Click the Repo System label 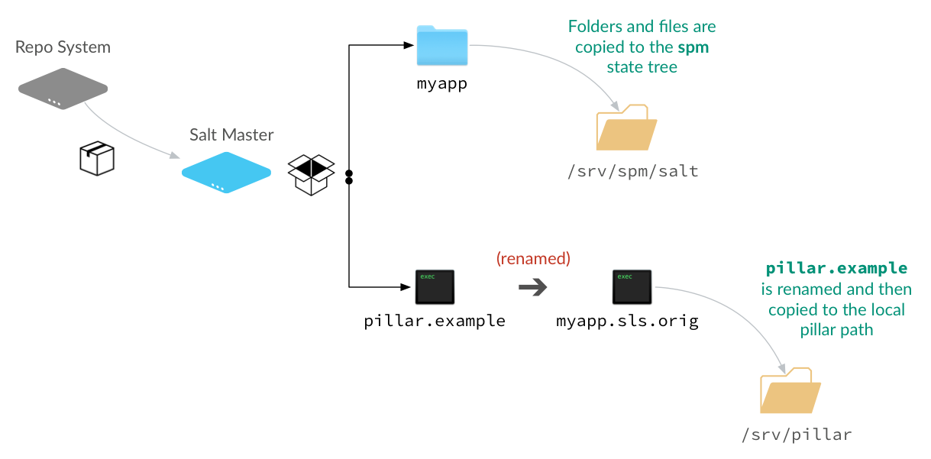(63, 47)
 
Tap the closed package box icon (97, 159)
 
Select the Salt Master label (231, 135)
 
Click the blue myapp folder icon (442, 46)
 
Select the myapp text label (441, 83)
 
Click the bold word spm (693, 47)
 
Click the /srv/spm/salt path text (632, 171)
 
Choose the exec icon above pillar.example (435, 287)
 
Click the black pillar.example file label (435, 321)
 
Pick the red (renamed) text (533, 258)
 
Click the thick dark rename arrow (533, 287)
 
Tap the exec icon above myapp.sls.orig (632, 287)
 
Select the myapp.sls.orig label (627, 321)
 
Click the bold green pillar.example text (836, 269)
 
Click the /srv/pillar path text (796, 435)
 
